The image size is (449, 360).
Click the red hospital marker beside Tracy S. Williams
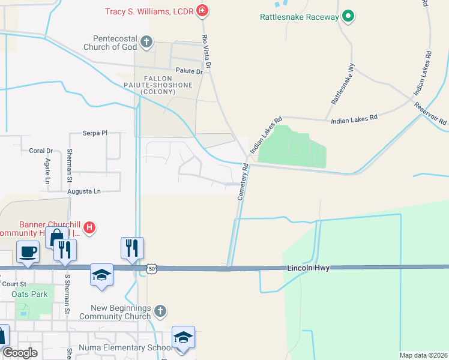point(203,11)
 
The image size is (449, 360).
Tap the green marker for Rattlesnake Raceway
point(348,17)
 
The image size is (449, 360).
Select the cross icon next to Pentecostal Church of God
point(147,42)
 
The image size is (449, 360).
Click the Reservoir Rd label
point(430,113)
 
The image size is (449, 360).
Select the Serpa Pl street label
point(94,133)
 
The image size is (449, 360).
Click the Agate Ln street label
point(47,171)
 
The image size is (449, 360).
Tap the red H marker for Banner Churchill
point(89,227)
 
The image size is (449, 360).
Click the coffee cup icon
point(28,251)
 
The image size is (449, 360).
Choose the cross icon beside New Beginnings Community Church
point(160,311)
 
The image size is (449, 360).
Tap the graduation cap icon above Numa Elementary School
point(182,336)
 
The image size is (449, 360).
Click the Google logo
point(20,353)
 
